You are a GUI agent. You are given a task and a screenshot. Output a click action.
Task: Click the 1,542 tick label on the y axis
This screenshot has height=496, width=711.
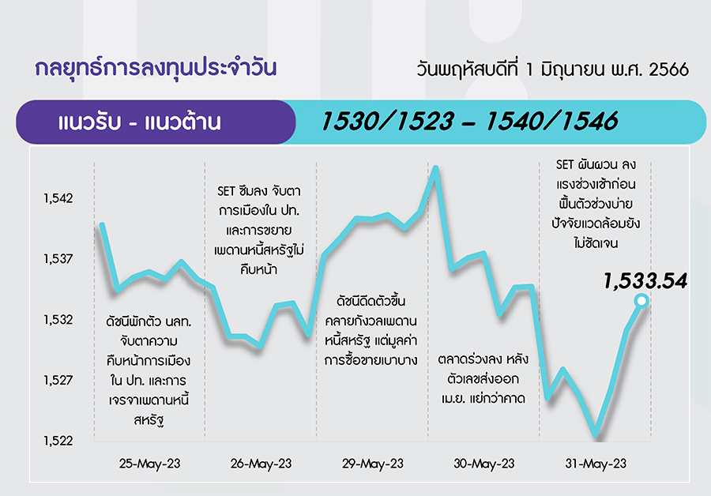point(58,198)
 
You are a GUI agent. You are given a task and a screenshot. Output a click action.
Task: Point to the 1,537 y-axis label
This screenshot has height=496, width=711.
point(58,259)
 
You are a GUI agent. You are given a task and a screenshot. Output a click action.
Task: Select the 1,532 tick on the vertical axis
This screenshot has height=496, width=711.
point(58,320)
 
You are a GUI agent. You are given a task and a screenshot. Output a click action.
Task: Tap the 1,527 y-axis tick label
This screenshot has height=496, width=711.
point(58,380)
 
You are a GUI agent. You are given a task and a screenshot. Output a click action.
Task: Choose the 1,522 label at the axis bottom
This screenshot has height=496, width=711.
point(58,441)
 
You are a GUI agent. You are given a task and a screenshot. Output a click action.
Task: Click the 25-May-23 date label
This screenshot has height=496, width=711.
point(149,464)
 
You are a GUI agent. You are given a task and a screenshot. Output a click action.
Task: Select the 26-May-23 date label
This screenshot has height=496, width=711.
point(261,464)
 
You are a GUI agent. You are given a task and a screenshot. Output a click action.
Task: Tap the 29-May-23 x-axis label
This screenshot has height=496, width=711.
point(373,464)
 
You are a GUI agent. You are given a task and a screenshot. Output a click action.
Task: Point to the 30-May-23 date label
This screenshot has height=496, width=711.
point(484,464)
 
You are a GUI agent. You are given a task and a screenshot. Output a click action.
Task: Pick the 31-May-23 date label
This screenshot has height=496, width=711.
point(596,464)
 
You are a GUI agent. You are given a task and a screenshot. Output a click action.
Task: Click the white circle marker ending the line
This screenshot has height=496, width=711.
point(641,300)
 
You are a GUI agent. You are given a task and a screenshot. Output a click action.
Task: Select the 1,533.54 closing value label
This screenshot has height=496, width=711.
point(645,281)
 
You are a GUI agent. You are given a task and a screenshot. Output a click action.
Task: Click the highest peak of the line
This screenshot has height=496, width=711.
point(435,167)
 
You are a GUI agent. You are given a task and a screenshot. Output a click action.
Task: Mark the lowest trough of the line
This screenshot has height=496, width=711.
point(596,437)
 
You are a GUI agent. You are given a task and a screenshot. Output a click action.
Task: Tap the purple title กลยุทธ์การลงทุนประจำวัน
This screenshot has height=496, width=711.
point(156,69)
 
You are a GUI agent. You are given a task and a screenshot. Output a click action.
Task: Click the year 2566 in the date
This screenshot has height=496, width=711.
point(669,70)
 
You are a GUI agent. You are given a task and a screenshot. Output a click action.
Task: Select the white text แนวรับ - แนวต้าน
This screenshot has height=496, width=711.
point(140,122)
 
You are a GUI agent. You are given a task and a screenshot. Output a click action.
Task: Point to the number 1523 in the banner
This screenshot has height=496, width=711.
point(425,122)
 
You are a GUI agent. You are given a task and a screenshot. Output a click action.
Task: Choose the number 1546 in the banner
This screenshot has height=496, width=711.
point(589,122)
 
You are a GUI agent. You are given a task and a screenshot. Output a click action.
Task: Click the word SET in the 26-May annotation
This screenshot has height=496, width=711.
point(226,191)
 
